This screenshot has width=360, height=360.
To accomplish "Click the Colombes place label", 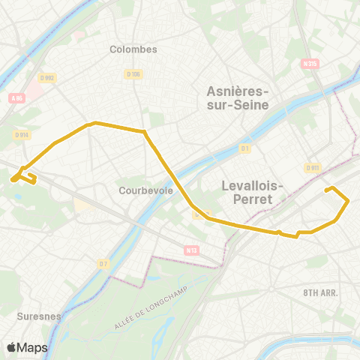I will point(133,49).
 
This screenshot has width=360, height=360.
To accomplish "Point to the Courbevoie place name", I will point(146,190).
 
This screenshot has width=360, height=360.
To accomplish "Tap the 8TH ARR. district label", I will point(321,291).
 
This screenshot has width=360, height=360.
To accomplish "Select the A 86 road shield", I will point(16,97).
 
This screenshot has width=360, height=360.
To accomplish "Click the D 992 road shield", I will point(49,77).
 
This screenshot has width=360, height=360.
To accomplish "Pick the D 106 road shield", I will point(132,73).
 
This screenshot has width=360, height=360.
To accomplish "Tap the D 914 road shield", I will point(21,134).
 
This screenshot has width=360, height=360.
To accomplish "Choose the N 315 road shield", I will point(308,64).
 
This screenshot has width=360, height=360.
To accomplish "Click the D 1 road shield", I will point(244,148).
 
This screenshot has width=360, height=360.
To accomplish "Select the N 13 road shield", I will point(191,250).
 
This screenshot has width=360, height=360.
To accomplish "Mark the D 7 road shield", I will point(103,263).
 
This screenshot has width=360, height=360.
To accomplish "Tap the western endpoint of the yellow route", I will point(13,179).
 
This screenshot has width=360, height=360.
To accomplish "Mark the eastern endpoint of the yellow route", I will point(326,190).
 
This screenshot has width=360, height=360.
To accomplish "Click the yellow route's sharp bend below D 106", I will point(145,133).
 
